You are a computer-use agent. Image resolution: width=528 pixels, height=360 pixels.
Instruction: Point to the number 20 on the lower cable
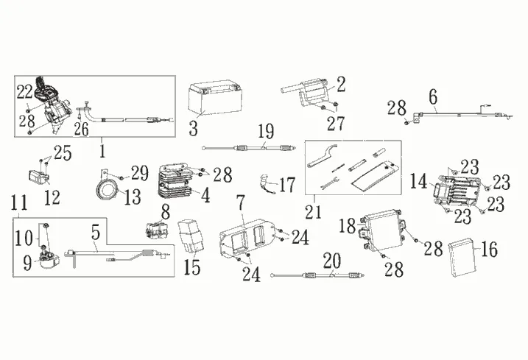[332, 262]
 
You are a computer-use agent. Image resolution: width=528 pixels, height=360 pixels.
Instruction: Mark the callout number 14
[418, 180]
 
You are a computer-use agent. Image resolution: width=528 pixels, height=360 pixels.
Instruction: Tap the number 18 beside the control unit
[348, 225]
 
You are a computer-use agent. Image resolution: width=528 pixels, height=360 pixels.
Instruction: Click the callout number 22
[24, 91]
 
